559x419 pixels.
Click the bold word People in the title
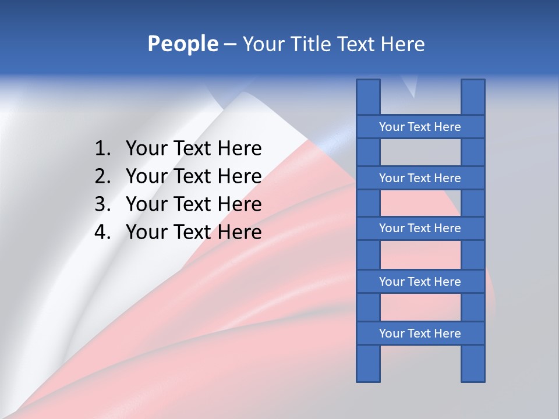tap(182, 44)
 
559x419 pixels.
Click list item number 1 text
tap(193, 149)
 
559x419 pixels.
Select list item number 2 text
tap(193, 176)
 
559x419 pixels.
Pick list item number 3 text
tap(193, 204)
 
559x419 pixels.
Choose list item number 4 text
tap(193, 232)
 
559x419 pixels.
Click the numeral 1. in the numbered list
tap(102, 149)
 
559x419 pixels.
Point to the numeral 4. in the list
tap(102, 232)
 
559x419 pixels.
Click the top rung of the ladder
tap(420, 127)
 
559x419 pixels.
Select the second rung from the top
tap(420, 178)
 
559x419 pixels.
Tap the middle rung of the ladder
tap(420, 229)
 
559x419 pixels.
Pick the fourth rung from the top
tap(420, 282)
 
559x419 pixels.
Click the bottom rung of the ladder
tap(420, 333)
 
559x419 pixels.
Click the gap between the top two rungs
tap(420, 152)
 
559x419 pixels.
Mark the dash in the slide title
tap(230, 45)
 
